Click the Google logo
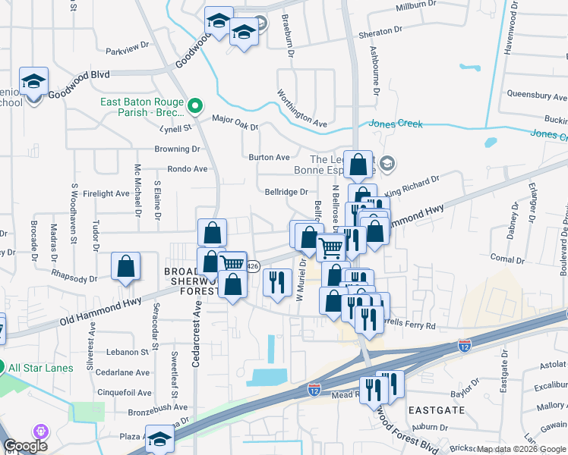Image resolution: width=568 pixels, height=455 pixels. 26,447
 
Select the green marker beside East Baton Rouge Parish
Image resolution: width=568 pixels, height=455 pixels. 195,105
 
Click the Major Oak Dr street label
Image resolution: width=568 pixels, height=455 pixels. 235,119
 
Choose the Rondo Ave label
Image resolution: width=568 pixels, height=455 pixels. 187,169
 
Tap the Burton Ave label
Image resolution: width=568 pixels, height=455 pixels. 270,158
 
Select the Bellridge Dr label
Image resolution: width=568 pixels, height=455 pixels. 286,193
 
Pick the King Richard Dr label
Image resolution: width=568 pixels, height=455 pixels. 412,187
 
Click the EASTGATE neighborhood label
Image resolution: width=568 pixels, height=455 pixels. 437,409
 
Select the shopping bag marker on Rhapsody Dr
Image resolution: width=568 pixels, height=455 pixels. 126,268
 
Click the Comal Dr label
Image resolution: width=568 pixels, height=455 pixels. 502,259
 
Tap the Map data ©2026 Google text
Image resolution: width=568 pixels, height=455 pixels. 521,449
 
